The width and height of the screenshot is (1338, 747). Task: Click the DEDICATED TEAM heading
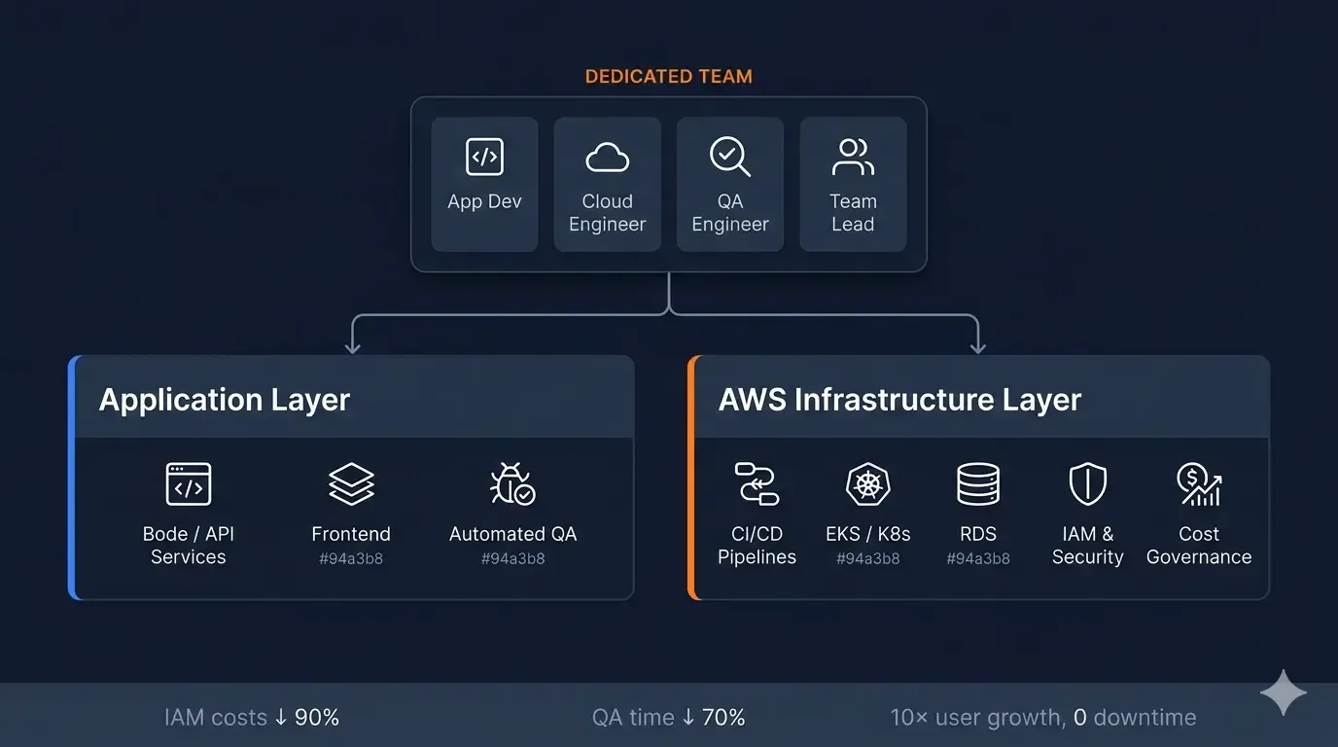point(668,76)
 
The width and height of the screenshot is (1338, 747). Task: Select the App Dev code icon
point(484,157)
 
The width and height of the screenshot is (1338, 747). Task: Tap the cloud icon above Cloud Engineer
point(607,157)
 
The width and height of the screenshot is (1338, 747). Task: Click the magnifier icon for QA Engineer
point(729,157)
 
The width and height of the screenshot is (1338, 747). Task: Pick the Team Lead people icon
point(853,157)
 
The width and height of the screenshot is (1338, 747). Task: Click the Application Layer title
point(225,400)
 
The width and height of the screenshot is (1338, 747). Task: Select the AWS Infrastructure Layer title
point(899,400)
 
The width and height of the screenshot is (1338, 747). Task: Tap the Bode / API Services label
point(188,546)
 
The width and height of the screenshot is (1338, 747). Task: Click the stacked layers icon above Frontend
point(351,484)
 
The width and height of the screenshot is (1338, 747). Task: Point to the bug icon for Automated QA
point(512,484)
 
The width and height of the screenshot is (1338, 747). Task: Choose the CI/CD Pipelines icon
point(757,484)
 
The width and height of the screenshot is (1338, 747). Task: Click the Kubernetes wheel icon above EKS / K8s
point(867,484)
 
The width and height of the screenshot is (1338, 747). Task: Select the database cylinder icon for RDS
point(978,484)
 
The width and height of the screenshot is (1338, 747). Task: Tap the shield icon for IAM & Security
point(1087,484)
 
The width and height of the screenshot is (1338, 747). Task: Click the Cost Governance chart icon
point(1198,484)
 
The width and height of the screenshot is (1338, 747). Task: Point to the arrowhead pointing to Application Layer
point(353,346)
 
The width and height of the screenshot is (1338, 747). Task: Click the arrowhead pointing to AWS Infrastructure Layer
point(978,346)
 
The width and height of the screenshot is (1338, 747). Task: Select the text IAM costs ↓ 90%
point(252,718)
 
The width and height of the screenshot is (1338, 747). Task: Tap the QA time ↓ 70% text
point(669,718)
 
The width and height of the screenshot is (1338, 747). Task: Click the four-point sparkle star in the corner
point(1283,693)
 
